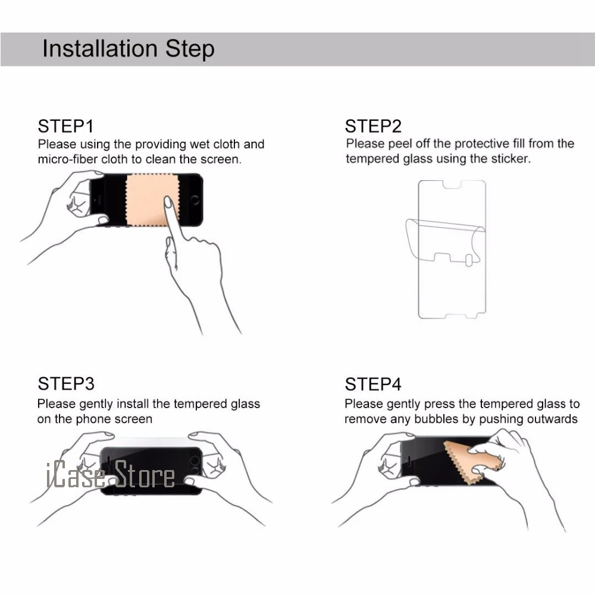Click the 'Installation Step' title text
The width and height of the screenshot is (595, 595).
pos(129,49)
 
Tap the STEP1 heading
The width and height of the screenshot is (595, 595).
pos(65,126)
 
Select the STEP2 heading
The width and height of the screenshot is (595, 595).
pos(373,126)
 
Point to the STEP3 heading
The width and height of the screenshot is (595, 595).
pos(66,384)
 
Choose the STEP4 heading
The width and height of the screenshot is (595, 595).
pos(373,384)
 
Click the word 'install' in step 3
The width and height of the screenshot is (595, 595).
pos(133,404)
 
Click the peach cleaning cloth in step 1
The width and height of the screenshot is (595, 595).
pos(151,199)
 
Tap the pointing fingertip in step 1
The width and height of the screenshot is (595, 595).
pos(167,202)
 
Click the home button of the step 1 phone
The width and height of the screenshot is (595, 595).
pos(195,200)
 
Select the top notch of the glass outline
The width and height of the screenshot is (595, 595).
pos(452,185)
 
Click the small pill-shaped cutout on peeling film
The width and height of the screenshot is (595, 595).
pos(469,261)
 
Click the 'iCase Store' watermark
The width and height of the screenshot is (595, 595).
pos(110,474)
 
